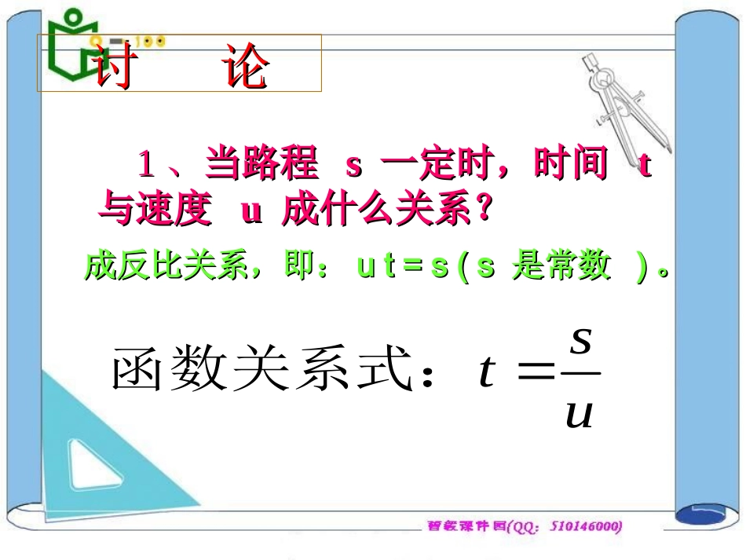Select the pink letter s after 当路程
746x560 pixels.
tap(354, 167)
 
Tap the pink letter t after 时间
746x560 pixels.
tap(645, 167)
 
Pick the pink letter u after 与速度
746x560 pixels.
tap(251, 212)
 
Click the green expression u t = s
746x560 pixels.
tap(403, 268)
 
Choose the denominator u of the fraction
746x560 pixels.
tap(580, 412)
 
